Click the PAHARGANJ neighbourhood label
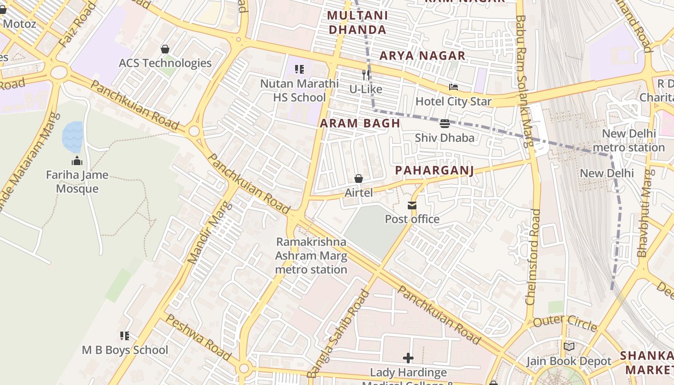tap(434, 170)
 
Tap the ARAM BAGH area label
tap(360, 123)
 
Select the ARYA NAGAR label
tap(422, 56)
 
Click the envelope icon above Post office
tap(412, 205)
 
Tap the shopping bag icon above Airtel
tap(359, 179)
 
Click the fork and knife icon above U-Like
tap(366, 75)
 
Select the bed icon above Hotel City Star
tap(453, 87)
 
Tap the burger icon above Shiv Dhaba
tap(444, 124)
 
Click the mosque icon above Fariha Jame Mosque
tap(77, 161)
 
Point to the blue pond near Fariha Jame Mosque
tap(73, 136)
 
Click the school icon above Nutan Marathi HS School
tap(299, 70)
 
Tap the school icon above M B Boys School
tap(125, 336)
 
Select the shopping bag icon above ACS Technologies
tap(165, 49)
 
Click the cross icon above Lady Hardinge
tap(408, 358)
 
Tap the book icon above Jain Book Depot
tap(569, 346)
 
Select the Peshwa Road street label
tap(197, 337)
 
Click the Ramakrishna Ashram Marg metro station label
tap(311, 255)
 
